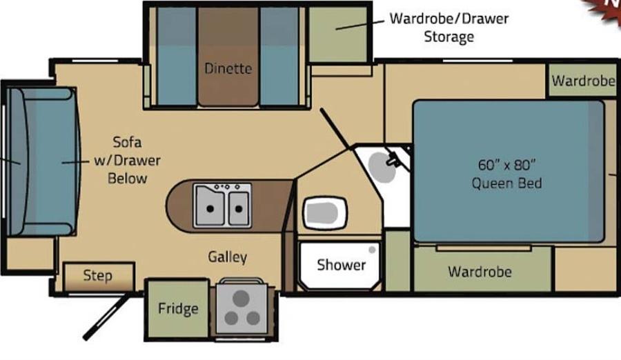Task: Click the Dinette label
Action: [228, 68]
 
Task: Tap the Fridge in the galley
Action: [178, 309]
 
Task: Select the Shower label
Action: [341, 265]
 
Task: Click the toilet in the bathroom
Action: [325, 212]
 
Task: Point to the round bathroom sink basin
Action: [382, 168]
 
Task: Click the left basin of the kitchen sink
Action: [210, 206]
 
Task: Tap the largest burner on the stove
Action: [241, 298]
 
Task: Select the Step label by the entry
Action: [97, 275]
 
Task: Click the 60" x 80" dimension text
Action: [506, 165]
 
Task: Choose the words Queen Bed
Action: [506, 183]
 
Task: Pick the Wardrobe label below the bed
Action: [480, 272]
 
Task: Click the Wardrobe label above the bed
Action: [583, 81]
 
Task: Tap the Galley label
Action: [227, 257]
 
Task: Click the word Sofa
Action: [127, 142]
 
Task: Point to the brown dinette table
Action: [228, 57]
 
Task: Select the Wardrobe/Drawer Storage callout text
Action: [448, 28]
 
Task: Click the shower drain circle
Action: [372, 250]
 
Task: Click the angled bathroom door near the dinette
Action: [335, 128]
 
